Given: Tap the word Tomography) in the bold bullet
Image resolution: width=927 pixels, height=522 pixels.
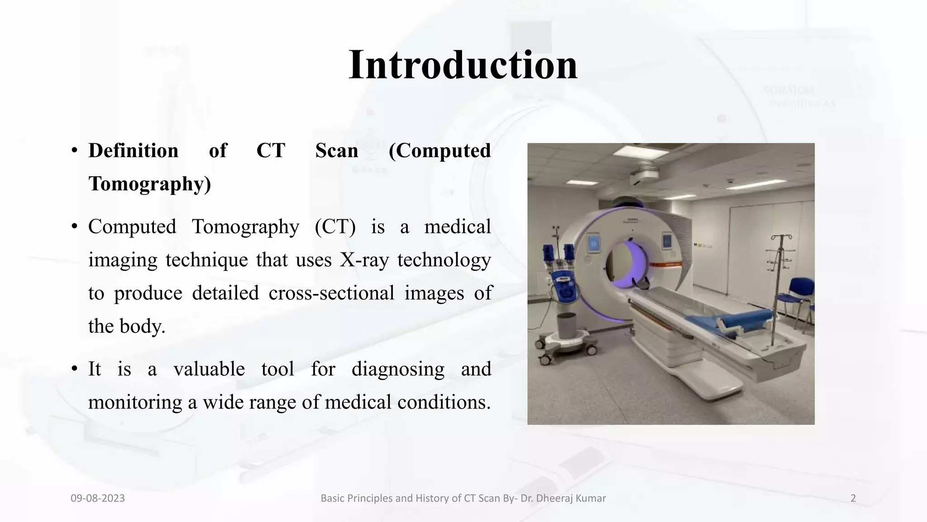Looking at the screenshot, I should [149, 184].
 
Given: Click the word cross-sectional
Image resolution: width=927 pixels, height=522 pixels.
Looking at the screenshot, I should [331, 293].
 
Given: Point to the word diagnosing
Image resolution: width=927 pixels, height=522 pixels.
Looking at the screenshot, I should [398, 369].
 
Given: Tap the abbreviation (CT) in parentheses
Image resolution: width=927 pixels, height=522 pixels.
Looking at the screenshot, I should [335, 227].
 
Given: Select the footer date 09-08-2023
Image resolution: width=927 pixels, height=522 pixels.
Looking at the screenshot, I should [98, 498].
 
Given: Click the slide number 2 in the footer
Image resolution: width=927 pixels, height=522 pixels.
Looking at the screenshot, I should [853, 498].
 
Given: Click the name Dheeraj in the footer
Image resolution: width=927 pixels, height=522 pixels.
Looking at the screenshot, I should [559, 498].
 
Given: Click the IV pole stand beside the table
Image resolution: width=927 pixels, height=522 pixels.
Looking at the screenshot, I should [778, 290].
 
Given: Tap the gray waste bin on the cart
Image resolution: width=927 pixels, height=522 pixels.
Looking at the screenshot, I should [566, 325].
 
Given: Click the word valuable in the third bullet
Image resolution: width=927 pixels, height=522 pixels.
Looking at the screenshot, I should [209, 369].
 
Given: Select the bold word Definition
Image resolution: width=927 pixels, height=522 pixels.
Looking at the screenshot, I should [133, 151].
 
